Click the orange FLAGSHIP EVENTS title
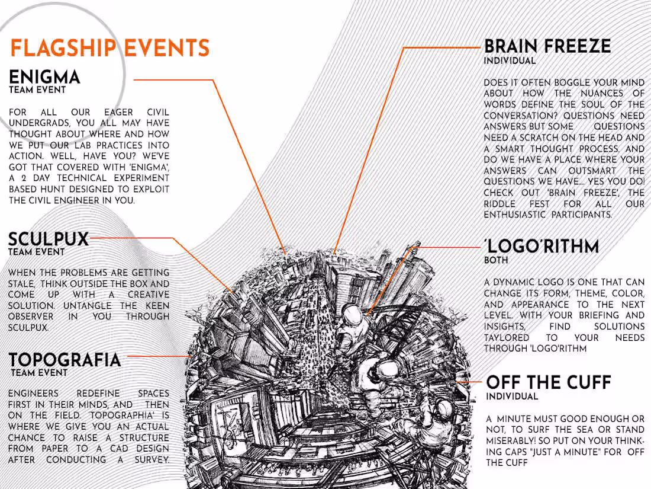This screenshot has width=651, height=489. coord(110,48)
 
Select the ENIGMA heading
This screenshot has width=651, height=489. coord(44,77)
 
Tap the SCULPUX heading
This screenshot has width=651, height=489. coord(49,239)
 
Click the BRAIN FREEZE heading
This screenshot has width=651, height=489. coord(547,46)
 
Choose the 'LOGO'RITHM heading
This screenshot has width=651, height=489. coord(542,246)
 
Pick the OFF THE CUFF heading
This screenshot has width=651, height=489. coord(549,382)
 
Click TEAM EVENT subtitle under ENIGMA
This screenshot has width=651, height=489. coord(37,90)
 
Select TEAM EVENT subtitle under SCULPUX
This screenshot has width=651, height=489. coord(37,252)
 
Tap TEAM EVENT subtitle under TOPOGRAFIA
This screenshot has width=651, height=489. coord(39,373)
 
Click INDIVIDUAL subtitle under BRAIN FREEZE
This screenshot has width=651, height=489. coord(510,60)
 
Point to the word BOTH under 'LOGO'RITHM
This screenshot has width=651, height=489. coord(496,260)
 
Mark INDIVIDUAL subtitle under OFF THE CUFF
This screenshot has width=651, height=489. coord(512,397)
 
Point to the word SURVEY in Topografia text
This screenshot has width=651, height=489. coord(152,460)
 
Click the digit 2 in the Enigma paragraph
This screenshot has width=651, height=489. coord(24,178)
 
